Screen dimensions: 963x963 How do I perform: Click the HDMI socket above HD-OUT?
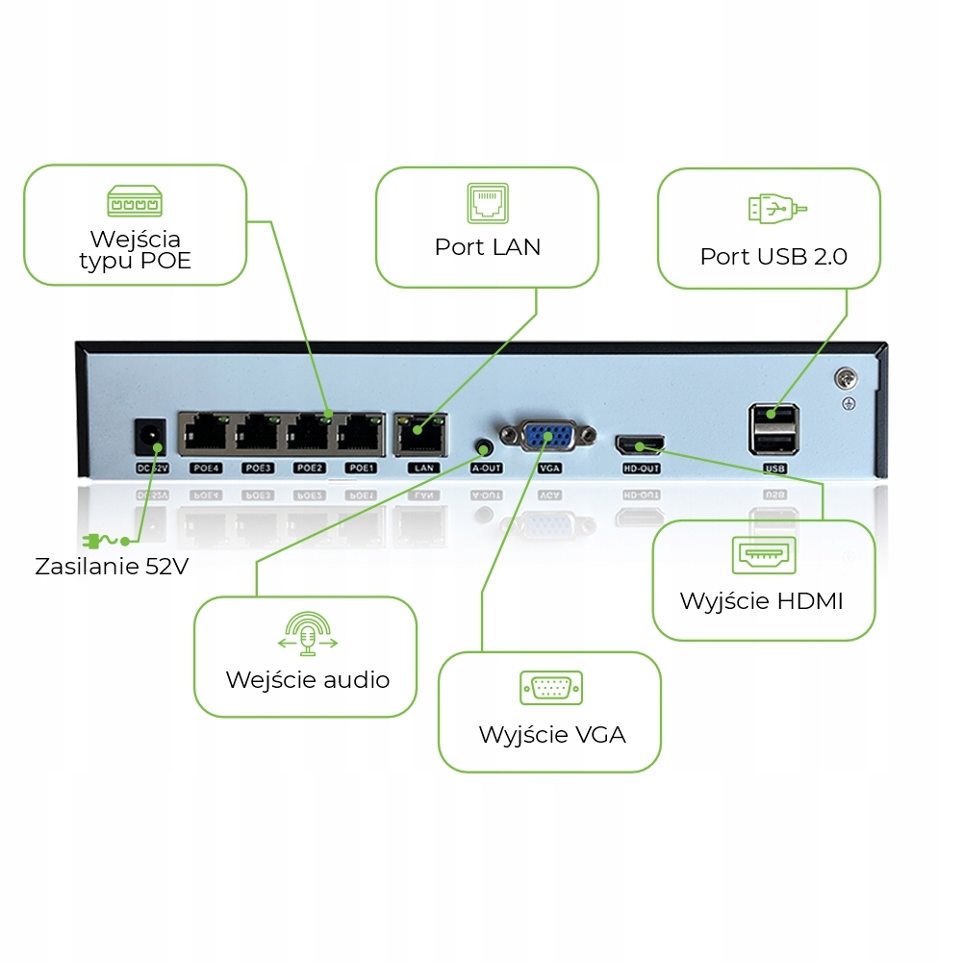(640, 444)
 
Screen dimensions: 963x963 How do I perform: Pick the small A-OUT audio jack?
(485, 448)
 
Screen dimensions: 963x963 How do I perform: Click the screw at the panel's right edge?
(847, 378)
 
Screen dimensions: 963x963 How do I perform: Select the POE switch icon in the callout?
(135, 201)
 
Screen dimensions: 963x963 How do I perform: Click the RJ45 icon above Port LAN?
(486, 203)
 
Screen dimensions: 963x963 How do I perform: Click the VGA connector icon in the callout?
(551, 688)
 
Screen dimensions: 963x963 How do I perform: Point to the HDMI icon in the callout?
(764, 555)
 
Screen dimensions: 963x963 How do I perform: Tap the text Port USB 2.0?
(773, 257)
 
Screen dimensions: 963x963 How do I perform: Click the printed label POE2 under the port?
(309, 469)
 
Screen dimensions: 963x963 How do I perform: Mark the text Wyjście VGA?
(552, 735)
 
